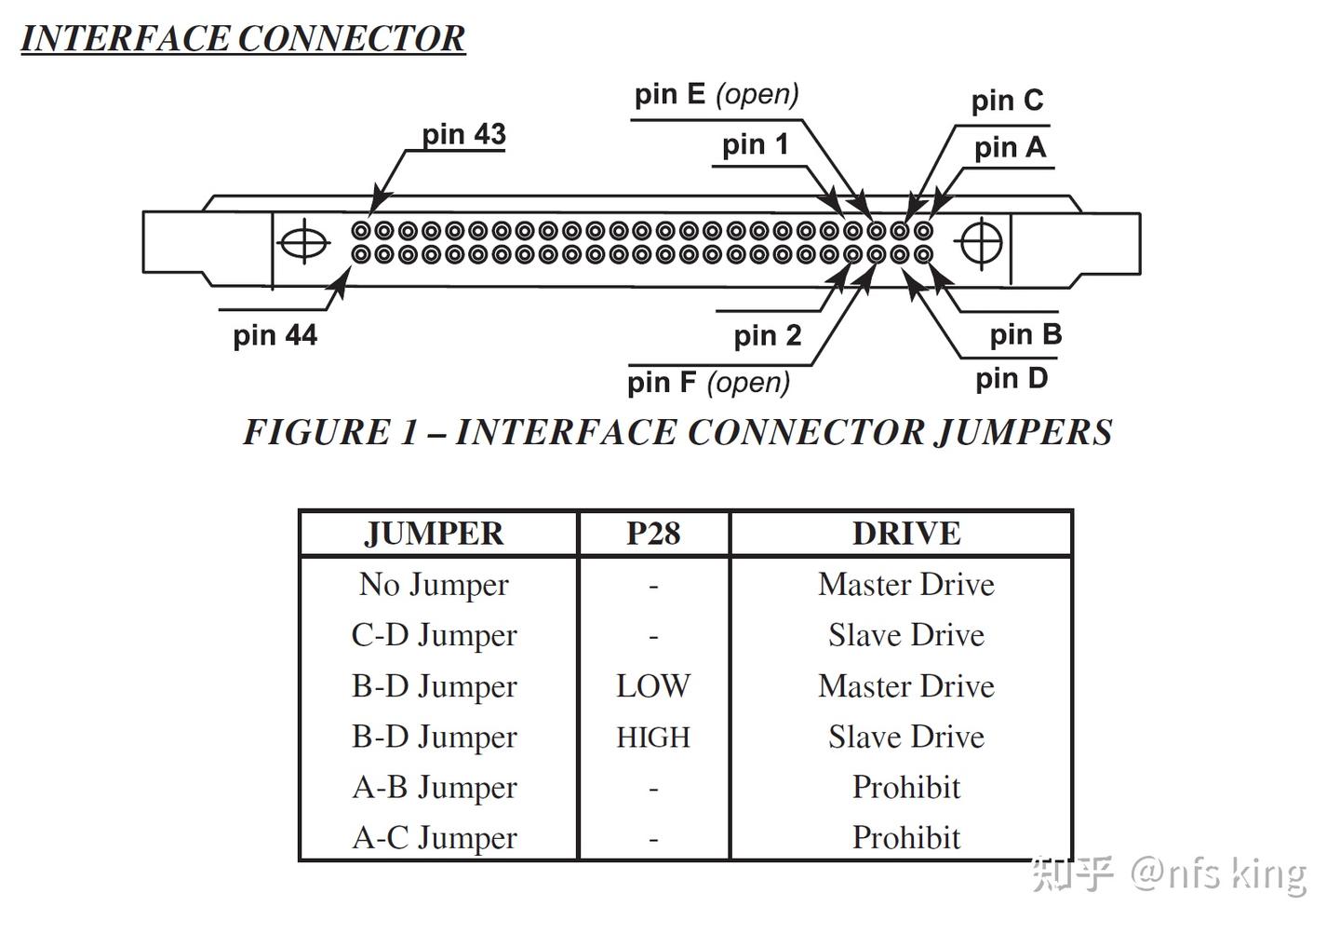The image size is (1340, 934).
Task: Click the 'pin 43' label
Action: click(x=463, y=134)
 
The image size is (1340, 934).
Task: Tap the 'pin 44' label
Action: click(x=275, y=335)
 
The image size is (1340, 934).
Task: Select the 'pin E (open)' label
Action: click(x=717, y=95)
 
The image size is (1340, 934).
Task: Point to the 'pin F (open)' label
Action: click(x=709, y=383)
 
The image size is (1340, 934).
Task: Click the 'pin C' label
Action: click(x=1008, y=101)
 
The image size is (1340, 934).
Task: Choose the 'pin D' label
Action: click(x=1012, y=379)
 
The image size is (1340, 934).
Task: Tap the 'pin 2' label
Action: click(x=768, y=336)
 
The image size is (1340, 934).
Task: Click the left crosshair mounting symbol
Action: click(x=304, y=242)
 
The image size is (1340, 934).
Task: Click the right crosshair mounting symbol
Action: click(x=981, y=243)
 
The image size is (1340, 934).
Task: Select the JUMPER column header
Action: click(x=435, y=534)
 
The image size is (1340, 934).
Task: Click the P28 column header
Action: click(x=653, y=534)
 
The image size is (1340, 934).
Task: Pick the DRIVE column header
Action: click(x=906, y=534)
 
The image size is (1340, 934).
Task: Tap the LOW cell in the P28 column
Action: click(x=653, y=686)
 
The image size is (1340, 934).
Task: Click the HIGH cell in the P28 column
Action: click(x=653, y=737)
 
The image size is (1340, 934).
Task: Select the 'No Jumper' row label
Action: click(x=435, y=585)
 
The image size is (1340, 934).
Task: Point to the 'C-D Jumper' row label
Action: click(x=435, y=635)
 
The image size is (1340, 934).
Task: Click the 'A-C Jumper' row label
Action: click(x=435, y=837)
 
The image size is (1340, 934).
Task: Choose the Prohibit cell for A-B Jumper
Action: click(x=906, y=787)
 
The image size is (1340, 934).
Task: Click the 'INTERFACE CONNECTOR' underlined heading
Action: click(x=243, y=39)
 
